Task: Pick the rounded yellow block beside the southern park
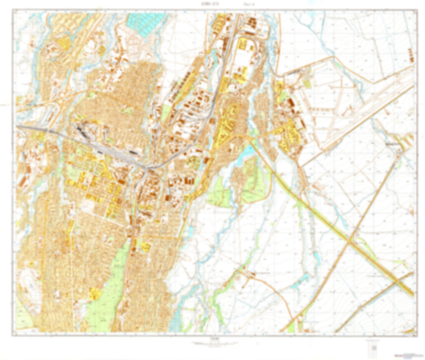coord(95,293)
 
